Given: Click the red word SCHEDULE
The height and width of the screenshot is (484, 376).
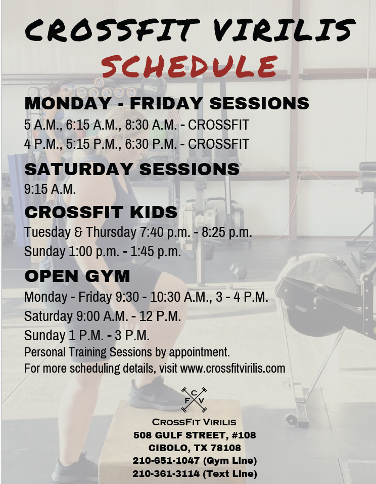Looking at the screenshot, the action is coord(189,66).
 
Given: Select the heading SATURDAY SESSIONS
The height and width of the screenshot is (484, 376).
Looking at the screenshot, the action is coord(132,169).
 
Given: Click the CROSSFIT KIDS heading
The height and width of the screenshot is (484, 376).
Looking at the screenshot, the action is coord(101,212).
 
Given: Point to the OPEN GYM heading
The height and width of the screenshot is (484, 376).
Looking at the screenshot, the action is coord(77,276).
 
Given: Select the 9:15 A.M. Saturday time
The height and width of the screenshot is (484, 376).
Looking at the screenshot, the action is coord(50,189).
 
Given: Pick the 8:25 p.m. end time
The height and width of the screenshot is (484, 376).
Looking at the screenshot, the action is coord(227,232).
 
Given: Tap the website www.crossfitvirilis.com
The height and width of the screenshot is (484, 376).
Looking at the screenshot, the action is coord(232,368).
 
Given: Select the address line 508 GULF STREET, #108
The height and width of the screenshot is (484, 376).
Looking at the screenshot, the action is coord(195,435).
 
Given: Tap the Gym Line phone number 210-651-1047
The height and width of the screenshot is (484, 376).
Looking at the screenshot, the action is coord(166,461).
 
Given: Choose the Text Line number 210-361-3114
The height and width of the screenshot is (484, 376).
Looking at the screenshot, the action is coord(166,473).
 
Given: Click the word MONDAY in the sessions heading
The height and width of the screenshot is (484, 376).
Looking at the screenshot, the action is coord(68,103).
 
